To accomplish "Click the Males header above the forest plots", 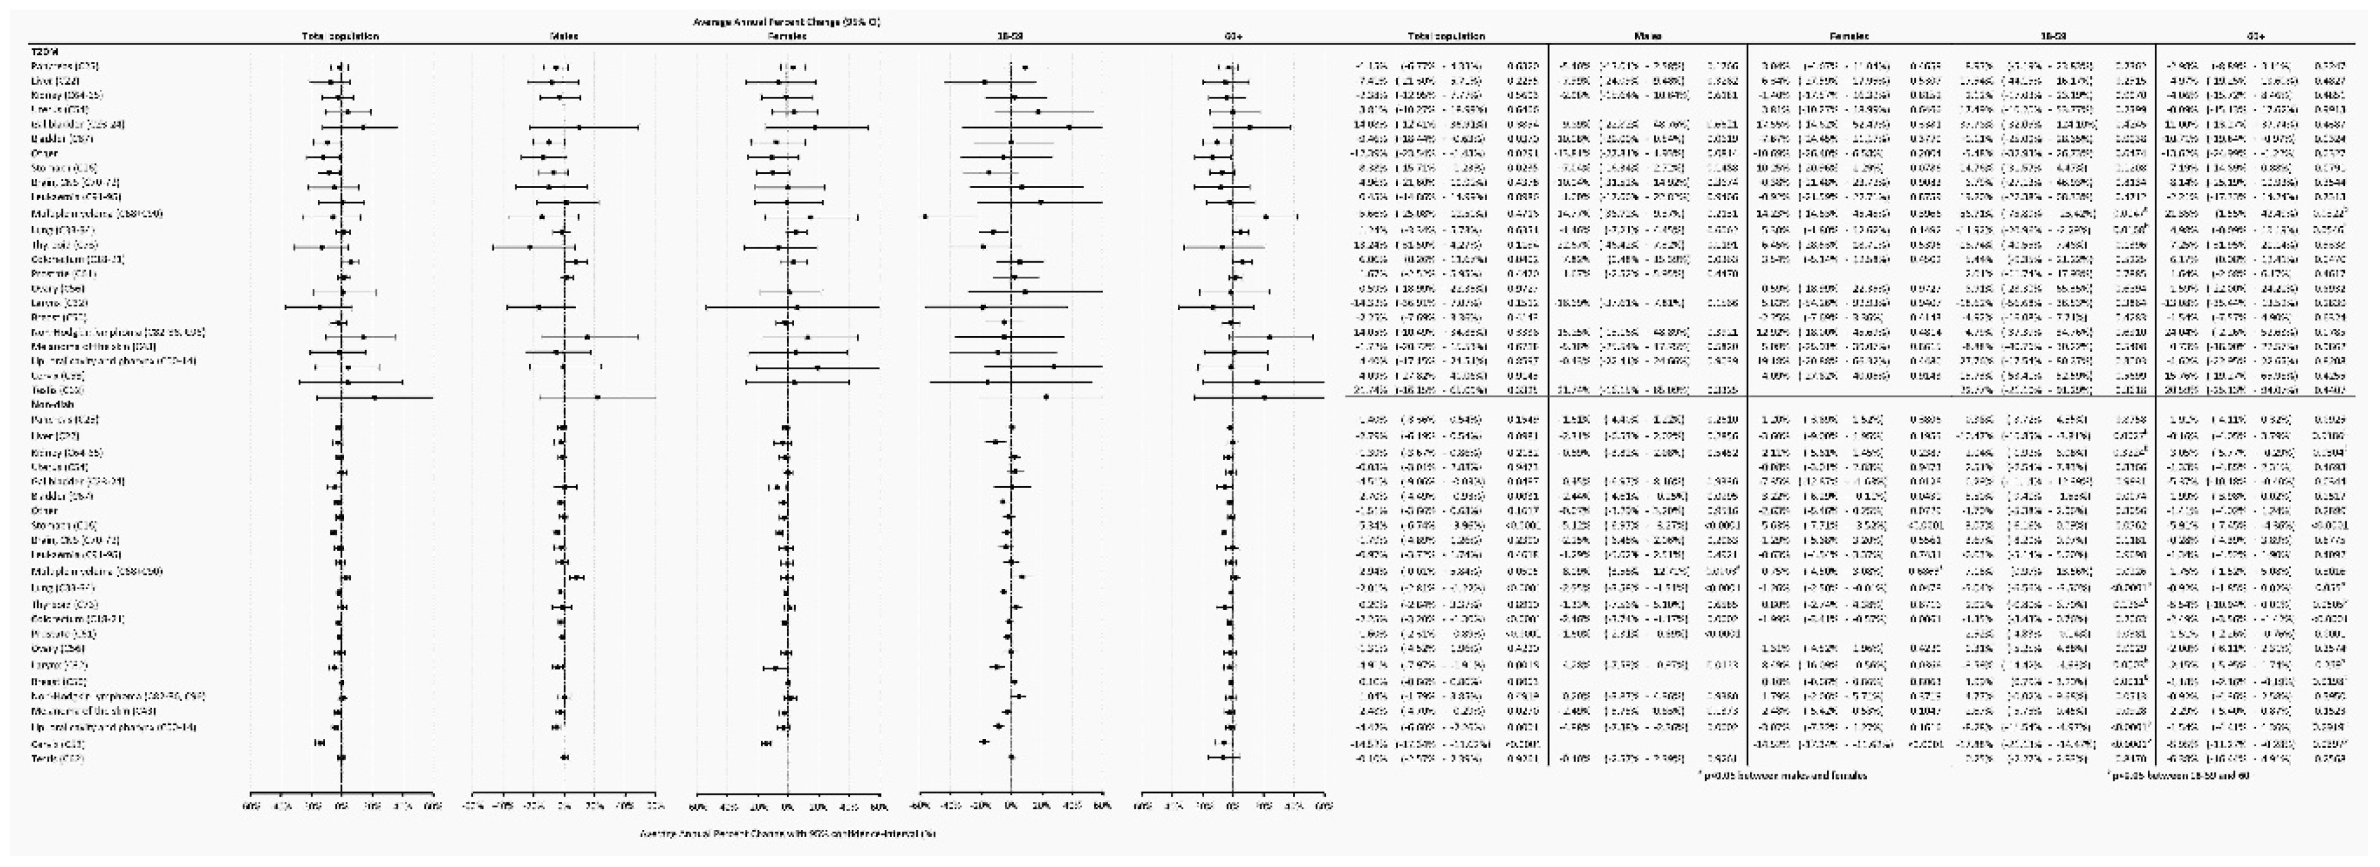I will coord(563,36).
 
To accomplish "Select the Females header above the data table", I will coord(1849,36).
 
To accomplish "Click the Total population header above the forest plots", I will coord(340,36).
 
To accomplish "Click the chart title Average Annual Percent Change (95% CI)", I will coord(787,20).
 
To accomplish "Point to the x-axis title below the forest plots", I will coord(787,834).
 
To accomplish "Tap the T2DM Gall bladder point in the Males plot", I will coord(579,127).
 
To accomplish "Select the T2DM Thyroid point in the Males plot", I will coord(529,247).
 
